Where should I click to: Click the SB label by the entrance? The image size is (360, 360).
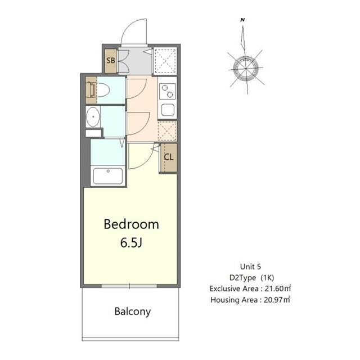pyautogui.click(x=111, y=60)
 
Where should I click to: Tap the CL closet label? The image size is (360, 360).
pyautogui.click(x=168, y=157)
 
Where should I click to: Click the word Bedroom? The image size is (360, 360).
pyautogui.click(x=131, y=224)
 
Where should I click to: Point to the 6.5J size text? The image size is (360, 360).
pyautogui.click(x=131, y=244)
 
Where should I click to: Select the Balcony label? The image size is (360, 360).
pyautogui.click(x=133, y=311)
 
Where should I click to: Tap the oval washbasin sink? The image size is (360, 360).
pyautogui.click(x=92, y=118)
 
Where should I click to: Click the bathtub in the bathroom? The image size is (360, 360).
pyautogui.click(x=107, y=176)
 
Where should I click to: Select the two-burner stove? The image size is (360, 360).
pyautogui.click(x=168, y=92)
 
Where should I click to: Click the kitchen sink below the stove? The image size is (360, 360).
pyautogui.click(x=168, y=110)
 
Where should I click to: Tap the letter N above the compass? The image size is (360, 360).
pyautogui.click(x=242, y=20)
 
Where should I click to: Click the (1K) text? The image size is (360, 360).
pyautogui.click(x=269, y=278)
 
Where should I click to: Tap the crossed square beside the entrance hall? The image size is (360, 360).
pyautogui.click(x=165, y=60)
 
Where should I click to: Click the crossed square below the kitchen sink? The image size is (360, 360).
pyautogui.click(x=167, y=130)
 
